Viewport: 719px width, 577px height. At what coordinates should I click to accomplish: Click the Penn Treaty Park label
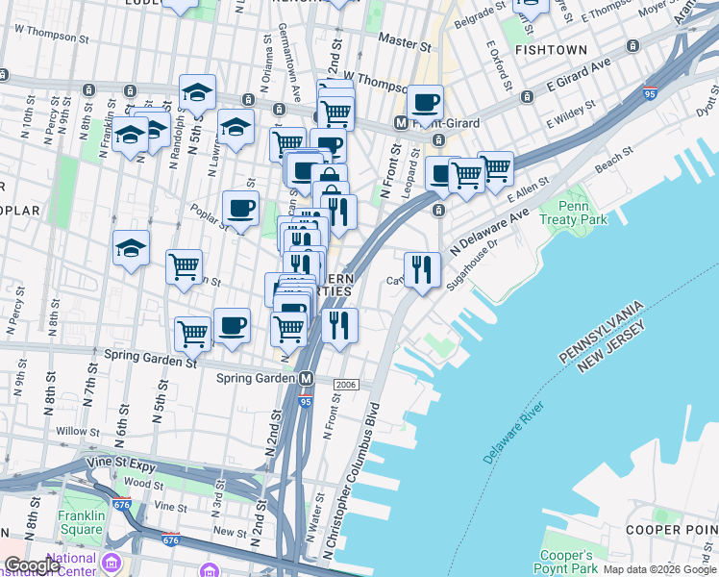pyautogui.click(x=585, y=213)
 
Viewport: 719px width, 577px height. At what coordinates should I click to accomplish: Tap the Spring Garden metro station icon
pyautogui.click(x=307, y=378)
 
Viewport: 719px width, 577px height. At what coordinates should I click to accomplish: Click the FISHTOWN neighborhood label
pyautogui.click(x=551, y=48)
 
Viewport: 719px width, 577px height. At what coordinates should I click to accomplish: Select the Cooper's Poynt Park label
pyautogui.click(x=566, y=562)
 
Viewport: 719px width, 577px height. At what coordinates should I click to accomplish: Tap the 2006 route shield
pyautogui.click(x=346, y=384)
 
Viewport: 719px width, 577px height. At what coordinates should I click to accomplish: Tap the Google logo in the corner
pyautogui.click(x=33, y=565)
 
